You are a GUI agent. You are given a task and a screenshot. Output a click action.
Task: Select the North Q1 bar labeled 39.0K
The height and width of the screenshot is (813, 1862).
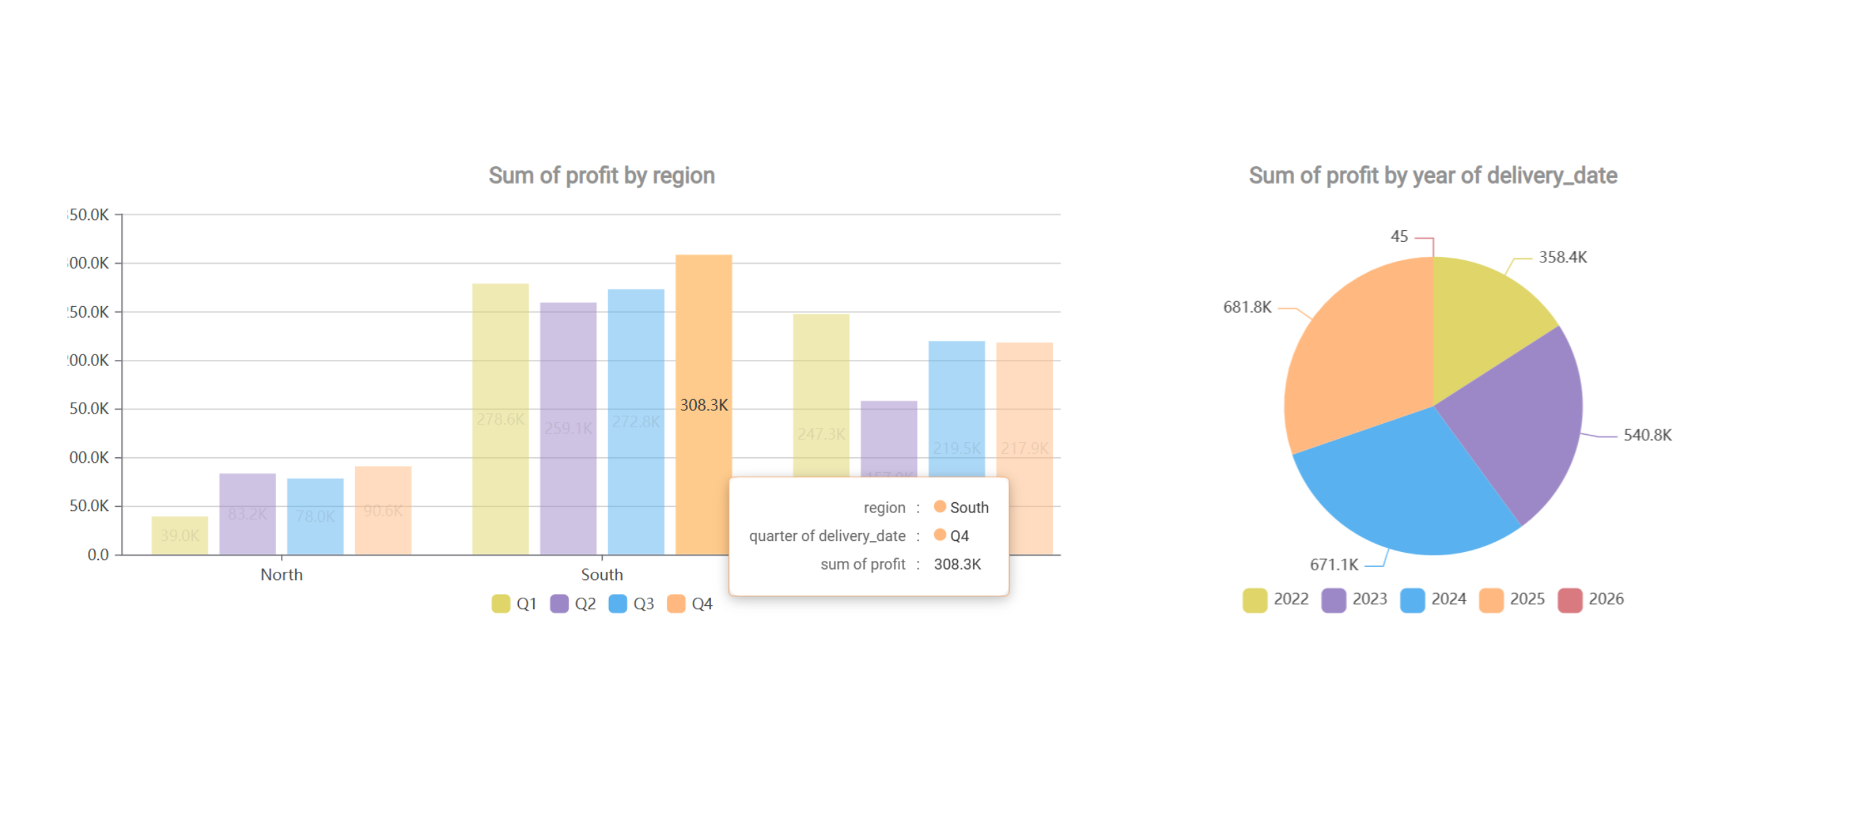(x=179, y=536)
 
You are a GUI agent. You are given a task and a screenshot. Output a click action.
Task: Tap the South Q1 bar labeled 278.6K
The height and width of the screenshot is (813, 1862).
(x=500, y=419)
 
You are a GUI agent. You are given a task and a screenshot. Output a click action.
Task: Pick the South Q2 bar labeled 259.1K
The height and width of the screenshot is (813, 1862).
(x=568, y=428)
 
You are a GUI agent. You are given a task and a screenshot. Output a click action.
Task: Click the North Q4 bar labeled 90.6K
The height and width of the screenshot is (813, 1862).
(x=383, y=510)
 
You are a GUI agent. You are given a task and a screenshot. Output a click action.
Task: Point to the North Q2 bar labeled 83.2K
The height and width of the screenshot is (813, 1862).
(x=247, y=514)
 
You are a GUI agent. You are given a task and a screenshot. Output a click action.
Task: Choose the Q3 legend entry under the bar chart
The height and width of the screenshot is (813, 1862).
(x=631, y=603)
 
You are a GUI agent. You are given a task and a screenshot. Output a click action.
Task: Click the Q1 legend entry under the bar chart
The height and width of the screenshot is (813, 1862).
(x=514, y=603)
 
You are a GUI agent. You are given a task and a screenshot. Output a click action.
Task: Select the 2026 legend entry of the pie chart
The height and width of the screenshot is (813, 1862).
(x=1591, y=599)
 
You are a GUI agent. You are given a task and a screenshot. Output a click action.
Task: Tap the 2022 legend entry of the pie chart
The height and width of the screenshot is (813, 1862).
(x=1276, y=599)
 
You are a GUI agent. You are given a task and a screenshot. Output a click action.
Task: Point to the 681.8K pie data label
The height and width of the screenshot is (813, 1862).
(x=1247, y=307)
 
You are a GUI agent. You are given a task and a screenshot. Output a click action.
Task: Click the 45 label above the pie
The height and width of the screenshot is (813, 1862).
(x=1399, y=236)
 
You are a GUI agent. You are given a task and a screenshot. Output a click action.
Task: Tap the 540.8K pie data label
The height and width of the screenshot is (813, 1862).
(x=1647, y=435)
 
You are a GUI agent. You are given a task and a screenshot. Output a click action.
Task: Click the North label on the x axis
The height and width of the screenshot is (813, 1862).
(x=281, y=574)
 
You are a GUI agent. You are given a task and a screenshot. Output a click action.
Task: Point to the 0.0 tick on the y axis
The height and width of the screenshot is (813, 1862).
(x=97, y=555)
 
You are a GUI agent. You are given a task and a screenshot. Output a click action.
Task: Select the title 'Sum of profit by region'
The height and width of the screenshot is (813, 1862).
(x=601, y=176)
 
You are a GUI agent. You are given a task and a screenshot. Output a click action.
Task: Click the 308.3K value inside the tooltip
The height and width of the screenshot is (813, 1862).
(x=957, y=564)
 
